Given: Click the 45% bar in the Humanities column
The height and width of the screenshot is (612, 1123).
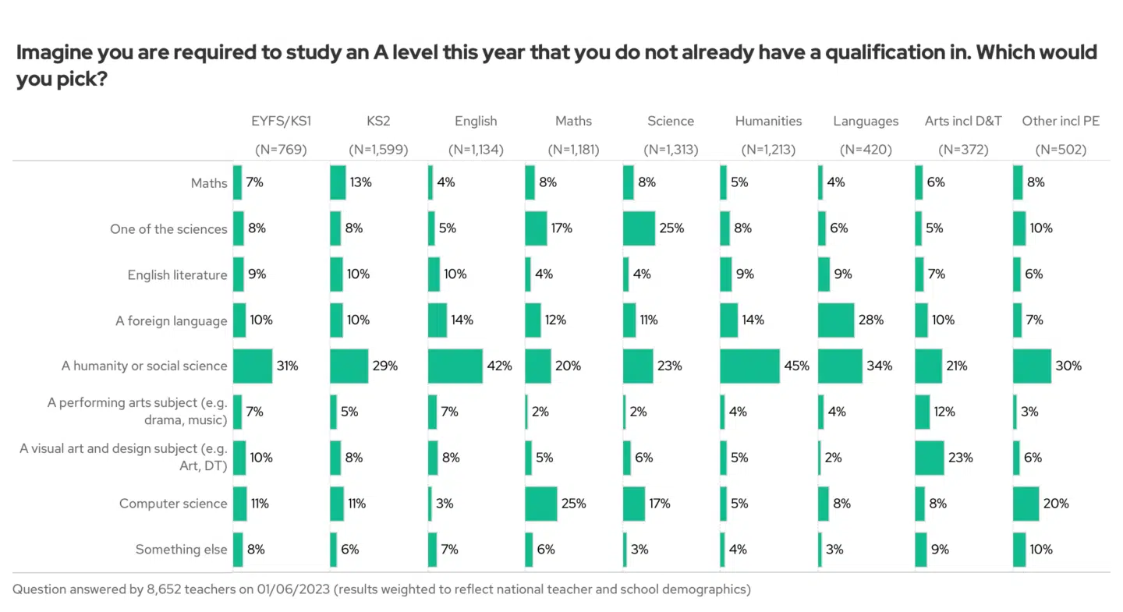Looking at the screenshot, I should click(x=749, y=366).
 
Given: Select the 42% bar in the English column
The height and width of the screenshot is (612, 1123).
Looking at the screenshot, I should click(x=455, y=366).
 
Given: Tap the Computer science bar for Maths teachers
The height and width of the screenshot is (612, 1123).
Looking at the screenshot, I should click(x=541, y=504).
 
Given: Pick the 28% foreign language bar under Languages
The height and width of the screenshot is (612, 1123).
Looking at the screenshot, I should click(x=836, y=320).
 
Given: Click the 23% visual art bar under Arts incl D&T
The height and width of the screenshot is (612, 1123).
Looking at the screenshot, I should click(x=930, y=458).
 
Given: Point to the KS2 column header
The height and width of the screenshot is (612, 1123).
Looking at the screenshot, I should click(x=378, y=121).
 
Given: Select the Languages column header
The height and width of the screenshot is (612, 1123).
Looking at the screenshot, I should click(x=866, y=121).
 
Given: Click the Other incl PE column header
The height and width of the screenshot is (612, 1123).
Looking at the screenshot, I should click(x=1061, y=121).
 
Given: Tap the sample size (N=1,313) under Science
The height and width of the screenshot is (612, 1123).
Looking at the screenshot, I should click(x=671, y=149).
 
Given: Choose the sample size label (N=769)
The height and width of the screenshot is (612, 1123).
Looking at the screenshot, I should click(x=281, y=149).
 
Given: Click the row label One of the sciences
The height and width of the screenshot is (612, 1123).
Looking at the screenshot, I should click(x=168, y=229).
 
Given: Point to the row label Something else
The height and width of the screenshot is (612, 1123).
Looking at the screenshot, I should click(x=181, y=550).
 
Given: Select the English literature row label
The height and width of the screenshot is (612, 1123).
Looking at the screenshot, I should click(x=177, y=275).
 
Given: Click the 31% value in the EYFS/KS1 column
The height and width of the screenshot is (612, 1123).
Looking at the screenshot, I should click(x=288, y=366).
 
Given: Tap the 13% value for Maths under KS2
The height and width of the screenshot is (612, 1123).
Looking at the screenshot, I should click(x=361, y=182).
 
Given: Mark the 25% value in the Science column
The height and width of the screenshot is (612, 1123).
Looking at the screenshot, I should click(x=671, y=228).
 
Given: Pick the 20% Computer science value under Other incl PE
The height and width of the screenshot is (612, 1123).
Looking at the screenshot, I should click(x=1056, y=504).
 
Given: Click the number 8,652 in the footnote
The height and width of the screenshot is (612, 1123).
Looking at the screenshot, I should click(x=167, y=589).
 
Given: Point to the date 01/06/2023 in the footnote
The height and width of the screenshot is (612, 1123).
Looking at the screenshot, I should click(x=294, y=589).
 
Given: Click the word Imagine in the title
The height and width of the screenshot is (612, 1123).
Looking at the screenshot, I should click(x=53, y=52).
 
